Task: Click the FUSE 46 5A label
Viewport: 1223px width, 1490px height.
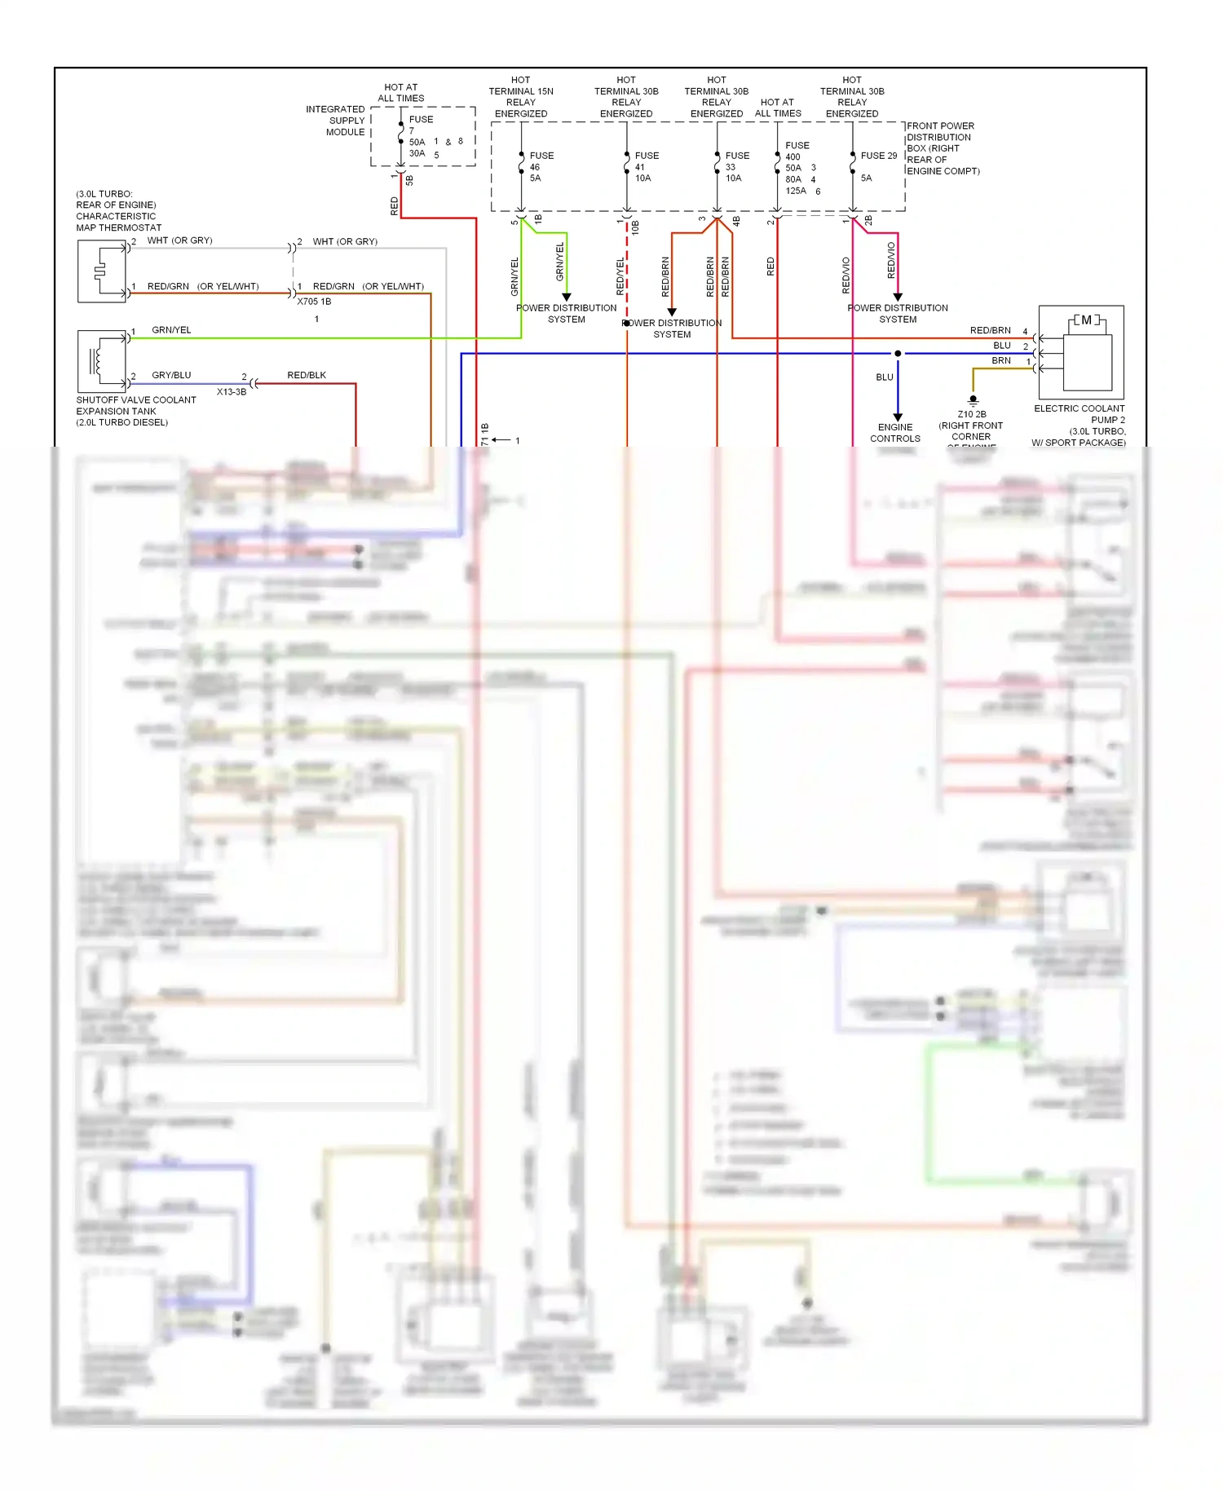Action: (541, 166)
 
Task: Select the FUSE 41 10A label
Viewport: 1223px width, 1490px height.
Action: (646, 166)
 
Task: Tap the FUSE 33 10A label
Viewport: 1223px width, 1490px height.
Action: (736, 166)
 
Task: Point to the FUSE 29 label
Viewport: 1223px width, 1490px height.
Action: (878, 156)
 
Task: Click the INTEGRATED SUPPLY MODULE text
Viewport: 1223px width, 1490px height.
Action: (336, 121)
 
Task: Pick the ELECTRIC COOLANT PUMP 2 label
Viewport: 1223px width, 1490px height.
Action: (1079, 414)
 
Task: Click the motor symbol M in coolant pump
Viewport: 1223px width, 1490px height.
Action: (1086, 320)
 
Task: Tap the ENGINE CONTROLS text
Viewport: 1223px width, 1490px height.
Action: (894, 433)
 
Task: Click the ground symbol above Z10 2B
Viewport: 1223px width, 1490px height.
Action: (973, 400)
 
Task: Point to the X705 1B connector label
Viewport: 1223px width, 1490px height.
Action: (314, 302)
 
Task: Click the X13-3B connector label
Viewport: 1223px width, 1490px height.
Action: (232, 392)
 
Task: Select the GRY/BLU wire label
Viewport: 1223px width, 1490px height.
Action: (171, 375)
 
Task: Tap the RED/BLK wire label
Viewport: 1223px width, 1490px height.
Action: (307, 375)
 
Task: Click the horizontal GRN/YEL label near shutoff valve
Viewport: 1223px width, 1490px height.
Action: (171, 330)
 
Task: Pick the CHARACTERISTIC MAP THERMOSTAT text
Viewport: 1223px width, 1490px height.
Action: (118, 222)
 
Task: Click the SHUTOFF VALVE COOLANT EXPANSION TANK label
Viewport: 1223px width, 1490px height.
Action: (135, 411)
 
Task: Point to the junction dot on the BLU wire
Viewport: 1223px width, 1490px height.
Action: (898, 354)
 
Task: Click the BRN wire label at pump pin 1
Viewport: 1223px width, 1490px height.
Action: (1001, 360)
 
